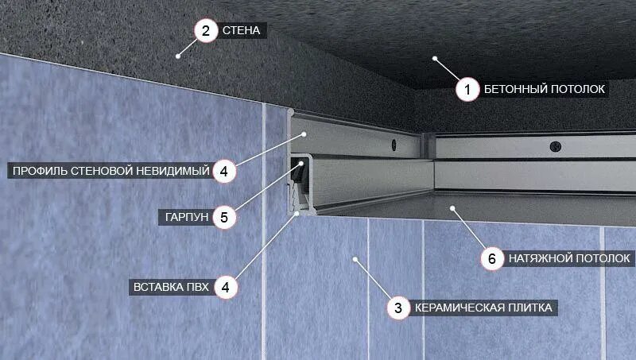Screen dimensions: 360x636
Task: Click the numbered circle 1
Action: [x=467, y=90]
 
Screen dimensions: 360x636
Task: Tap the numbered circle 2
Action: [x=206, y=31]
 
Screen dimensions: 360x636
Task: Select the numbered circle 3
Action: [x=398, y=308]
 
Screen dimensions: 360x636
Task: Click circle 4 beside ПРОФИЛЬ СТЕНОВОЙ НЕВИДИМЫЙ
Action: [x=225, y=171]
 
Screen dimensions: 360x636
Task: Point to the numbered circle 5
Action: [x=225, y=217]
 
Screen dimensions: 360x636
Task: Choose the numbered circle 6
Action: [x=491, y=258]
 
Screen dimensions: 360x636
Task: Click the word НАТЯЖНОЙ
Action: [x=536, y=258]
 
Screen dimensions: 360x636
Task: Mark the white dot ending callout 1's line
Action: [x=435, y=57]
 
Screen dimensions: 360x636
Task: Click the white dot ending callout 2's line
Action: [x=178, y=56]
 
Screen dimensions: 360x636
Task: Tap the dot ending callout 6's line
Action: [x=452, y=208]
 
